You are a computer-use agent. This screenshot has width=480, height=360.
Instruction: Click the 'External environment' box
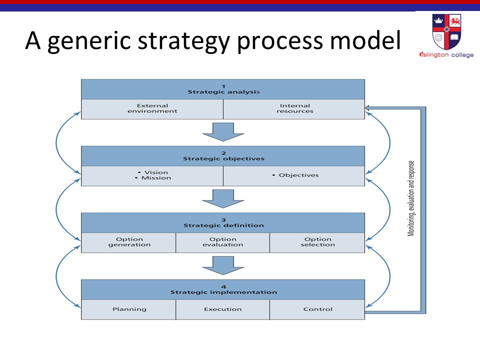(x=152, y=109)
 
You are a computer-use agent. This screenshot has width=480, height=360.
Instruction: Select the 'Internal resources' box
(x=294, y=109)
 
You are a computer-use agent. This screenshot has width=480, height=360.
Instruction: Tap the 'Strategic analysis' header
(x=223, y=89)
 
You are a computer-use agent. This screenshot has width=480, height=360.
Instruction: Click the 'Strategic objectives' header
(x=223, y=156)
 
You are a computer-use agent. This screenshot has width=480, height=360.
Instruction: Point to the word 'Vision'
(x=156, y=172)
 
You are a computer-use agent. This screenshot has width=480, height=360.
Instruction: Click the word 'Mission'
(x=156, y=178)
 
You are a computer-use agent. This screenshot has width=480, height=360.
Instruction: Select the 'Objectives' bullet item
(x=295, y=175)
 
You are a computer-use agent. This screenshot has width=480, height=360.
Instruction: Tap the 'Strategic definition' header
(x=223, y=223)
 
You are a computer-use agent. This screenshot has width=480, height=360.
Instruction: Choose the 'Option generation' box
(x=128, y=243)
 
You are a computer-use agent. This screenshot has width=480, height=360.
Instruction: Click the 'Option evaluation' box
(x=223, y=243)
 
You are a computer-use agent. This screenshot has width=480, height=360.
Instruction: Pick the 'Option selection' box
(x=317, y=243)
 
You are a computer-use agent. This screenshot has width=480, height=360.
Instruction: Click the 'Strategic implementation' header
(x=223, y=289)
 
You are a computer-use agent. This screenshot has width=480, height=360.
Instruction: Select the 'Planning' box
(x=128, y=309)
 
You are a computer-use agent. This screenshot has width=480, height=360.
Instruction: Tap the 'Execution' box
(x=223, y=309)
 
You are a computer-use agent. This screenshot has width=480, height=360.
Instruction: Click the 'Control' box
(x=317, y=309)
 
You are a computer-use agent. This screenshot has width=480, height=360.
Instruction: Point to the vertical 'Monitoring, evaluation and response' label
(x=411, y=198)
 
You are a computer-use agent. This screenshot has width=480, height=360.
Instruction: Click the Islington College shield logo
(x=446, y=31)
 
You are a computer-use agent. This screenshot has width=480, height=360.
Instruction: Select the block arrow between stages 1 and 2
(x=223, y=132)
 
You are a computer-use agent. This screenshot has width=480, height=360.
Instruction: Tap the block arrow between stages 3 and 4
(x=223, y=265)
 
